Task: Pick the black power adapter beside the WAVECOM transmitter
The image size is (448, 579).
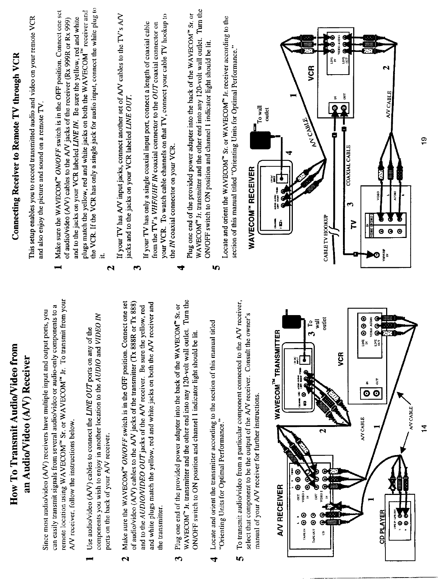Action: [292, 320]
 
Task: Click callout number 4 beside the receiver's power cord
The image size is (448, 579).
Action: [289, 153]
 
